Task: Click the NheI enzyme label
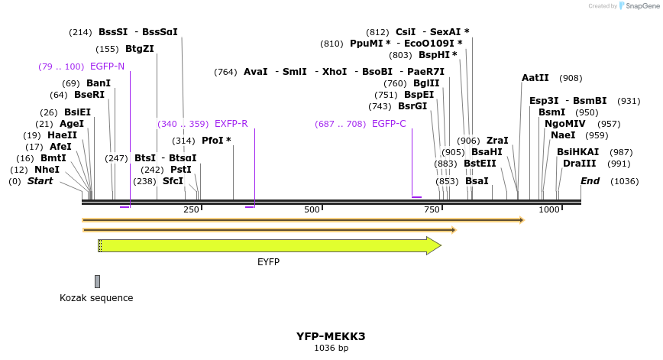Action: pos(47,170)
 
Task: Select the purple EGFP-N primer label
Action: pos(107,66)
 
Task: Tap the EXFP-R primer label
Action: pos(231,124)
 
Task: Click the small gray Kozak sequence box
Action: pos(97,281)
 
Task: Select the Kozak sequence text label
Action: pos(96,298)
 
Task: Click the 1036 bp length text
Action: pos(331,349)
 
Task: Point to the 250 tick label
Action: pos(191,209)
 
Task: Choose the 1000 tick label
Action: pos(548,209)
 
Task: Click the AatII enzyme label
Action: pos(535,78)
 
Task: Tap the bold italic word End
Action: pos(590,181)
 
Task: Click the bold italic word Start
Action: pos(40,181)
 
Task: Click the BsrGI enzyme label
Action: pos(412,106)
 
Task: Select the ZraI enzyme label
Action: pos(497,141)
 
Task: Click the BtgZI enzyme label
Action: pos(140,49)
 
